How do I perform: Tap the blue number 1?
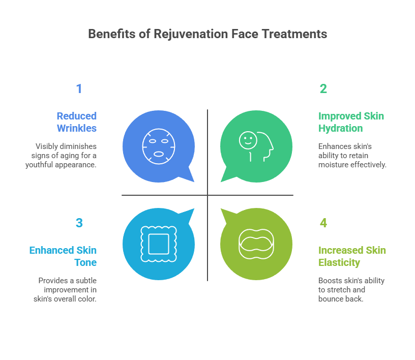pyautogui.click(x=79, y=89)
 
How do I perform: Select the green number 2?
pyautogui.click(x=323, y=89)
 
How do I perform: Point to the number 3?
pyautogui.click(x=79, y=223)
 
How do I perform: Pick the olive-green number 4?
pyautogui.click(x=323, y=223)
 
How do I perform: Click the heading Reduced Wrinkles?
pyautogui.click(x=76, y=122)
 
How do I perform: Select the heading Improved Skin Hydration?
pyautogui.click(x=351, y=122)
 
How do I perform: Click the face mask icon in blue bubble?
pyautogui.click(x=158, y=145)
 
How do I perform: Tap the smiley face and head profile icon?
pyautogui.click(x=256, y=145)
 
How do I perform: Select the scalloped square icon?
pyautogui.click(x=158, y=244)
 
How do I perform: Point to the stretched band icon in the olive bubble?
pyautogui.click(x=256, y=244)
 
